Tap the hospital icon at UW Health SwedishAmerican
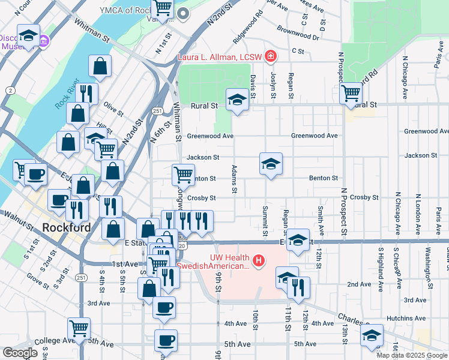(x=259, y=261)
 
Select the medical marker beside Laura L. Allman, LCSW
(x=271, y=57)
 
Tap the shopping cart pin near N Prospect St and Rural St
(x=351, y=93)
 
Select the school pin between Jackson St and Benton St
(x=271, y=163)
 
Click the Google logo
(x=20, y=353)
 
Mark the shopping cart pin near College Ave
(x=79, y=328)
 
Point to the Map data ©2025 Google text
(x=412, y=355)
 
